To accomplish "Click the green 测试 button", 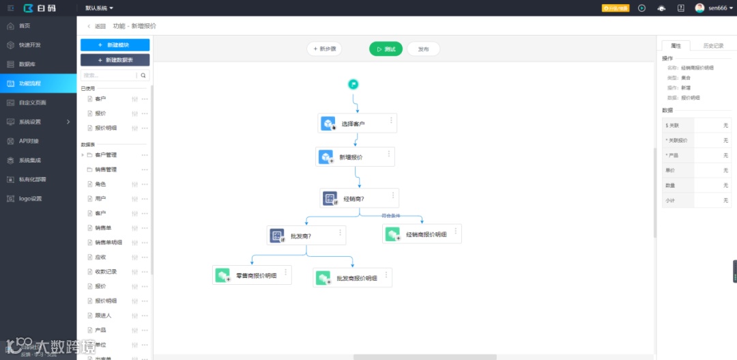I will [x=386, y=49].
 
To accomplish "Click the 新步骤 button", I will [x=324, y=49].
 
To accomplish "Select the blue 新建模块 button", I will [x=115, y=44].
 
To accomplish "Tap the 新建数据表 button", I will [x=115, y=60].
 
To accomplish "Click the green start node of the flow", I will [x=353, y=84].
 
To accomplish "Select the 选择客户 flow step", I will [x=357, y=124].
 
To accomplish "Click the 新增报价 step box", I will [x=354, y=157].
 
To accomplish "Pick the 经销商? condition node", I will [x=359, y=199].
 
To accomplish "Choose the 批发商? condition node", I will [x=306, y=236].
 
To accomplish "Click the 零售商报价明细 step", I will [x=251, y=275].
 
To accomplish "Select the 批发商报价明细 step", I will [x=352, y=278].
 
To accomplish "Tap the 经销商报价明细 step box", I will [x=421, y=234].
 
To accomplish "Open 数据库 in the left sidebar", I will [x=27, y=64].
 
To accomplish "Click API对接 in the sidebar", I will [x=29, y=141].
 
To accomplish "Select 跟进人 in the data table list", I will [x=103, y=316].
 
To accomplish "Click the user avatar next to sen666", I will [x=699, y=8].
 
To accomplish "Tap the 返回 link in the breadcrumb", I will [x=97, y=26].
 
